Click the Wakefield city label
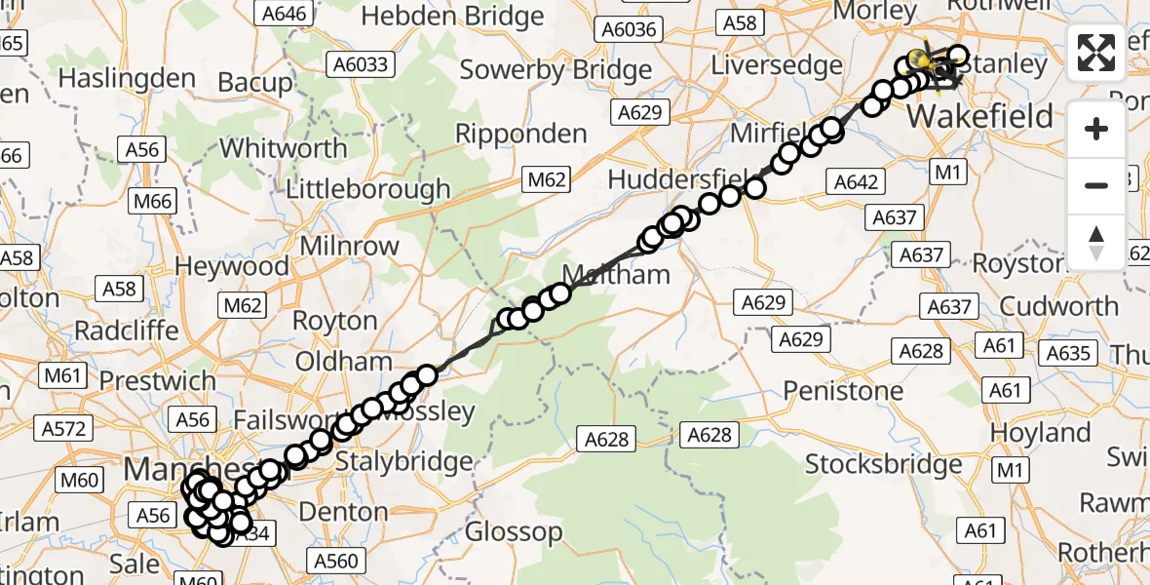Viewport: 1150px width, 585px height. [980, 117]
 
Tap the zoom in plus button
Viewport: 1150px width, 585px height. [1096, 129]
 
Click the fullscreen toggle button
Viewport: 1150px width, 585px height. [1096, 53]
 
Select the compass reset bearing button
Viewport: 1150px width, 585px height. [1096, 242]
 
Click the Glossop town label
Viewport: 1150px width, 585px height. [514, 532]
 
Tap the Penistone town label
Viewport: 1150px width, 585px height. [844, 391]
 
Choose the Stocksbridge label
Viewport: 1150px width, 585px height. [884, 464]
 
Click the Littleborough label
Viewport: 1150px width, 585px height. [368, 188]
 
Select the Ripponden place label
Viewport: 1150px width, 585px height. [521, 133]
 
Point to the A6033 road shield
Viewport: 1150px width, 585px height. [360, 65]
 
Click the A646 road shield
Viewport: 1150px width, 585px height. [282, 13]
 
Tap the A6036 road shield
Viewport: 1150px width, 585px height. [629, 30]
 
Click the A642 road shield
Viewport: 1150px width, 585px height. [857, 181]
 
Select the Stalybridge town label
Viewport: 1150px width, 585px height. [397, 460]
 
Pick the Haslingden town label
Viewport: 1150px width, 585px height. [127, 77]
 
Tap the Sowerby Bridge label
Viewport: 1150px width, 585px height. [556, 70]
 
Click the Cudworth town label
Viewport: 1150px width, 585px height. [1059, 306]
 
